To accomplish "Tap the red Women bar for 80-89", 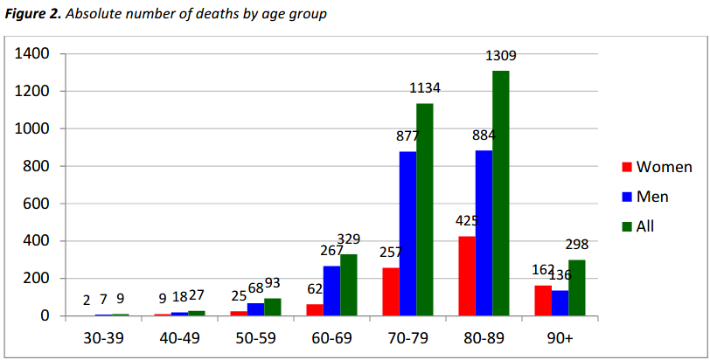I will pyautogui.click(x=467, y=275).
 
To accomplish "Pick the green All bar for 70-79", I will pyautogui.click(x=424, y=210).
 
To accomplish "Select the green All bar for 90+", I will pyautogui.click(x=576, y=287).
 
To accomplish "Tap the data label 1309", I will pyautogui.click(x=500, y=56).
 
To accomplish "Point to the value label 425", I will pyautogui.click(x=467, y=221).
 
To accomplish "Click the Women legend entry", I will pyautogui.click(x=664, y=167).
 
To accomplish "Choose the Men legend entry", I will pyautogui.click(x=652, y=197).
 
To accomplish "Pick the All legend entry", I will pyautogui.click(x=644, y=226).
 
